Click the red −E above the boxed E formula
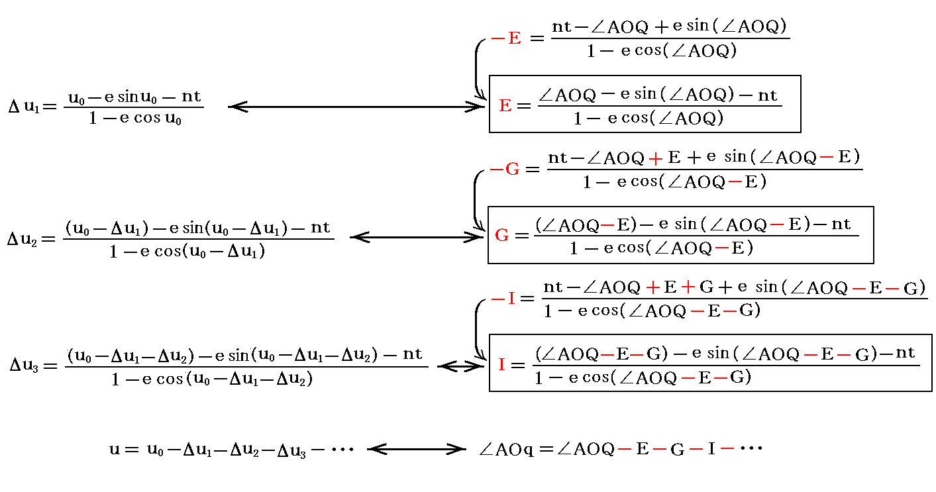coord(506,38)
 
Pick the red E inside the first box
coord(505,106)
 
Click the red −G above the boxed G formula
coord(505,170)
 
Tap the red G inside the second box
coord(502,236)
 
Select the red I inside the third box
coord(501,365)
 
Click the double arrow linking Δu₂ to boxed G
coord(417,237)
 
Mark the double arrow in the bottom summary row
coord(417,450)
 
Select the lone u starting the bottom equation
coord(114,450)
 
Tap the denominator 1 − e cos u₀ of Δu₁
coord(135,120)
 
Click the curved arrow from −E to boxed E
coord(477,70)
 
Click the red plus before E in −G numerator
coord(656,158)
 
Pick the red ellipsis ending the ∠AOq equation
coord(751,449)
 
